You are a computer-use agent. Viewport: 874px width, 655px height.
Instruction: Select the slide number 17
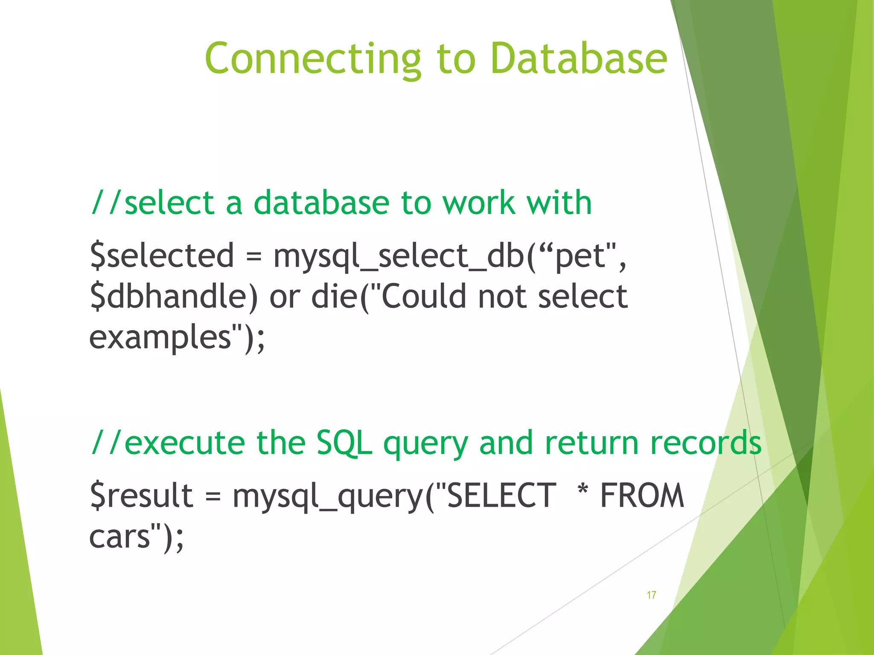tap(651, 595)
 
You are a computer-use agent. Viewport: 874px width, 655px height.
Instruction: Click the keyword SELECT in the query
tap(501, 496)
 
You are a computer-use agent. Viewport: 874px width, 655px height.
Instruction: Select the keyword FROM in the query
tap(642, 496)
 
